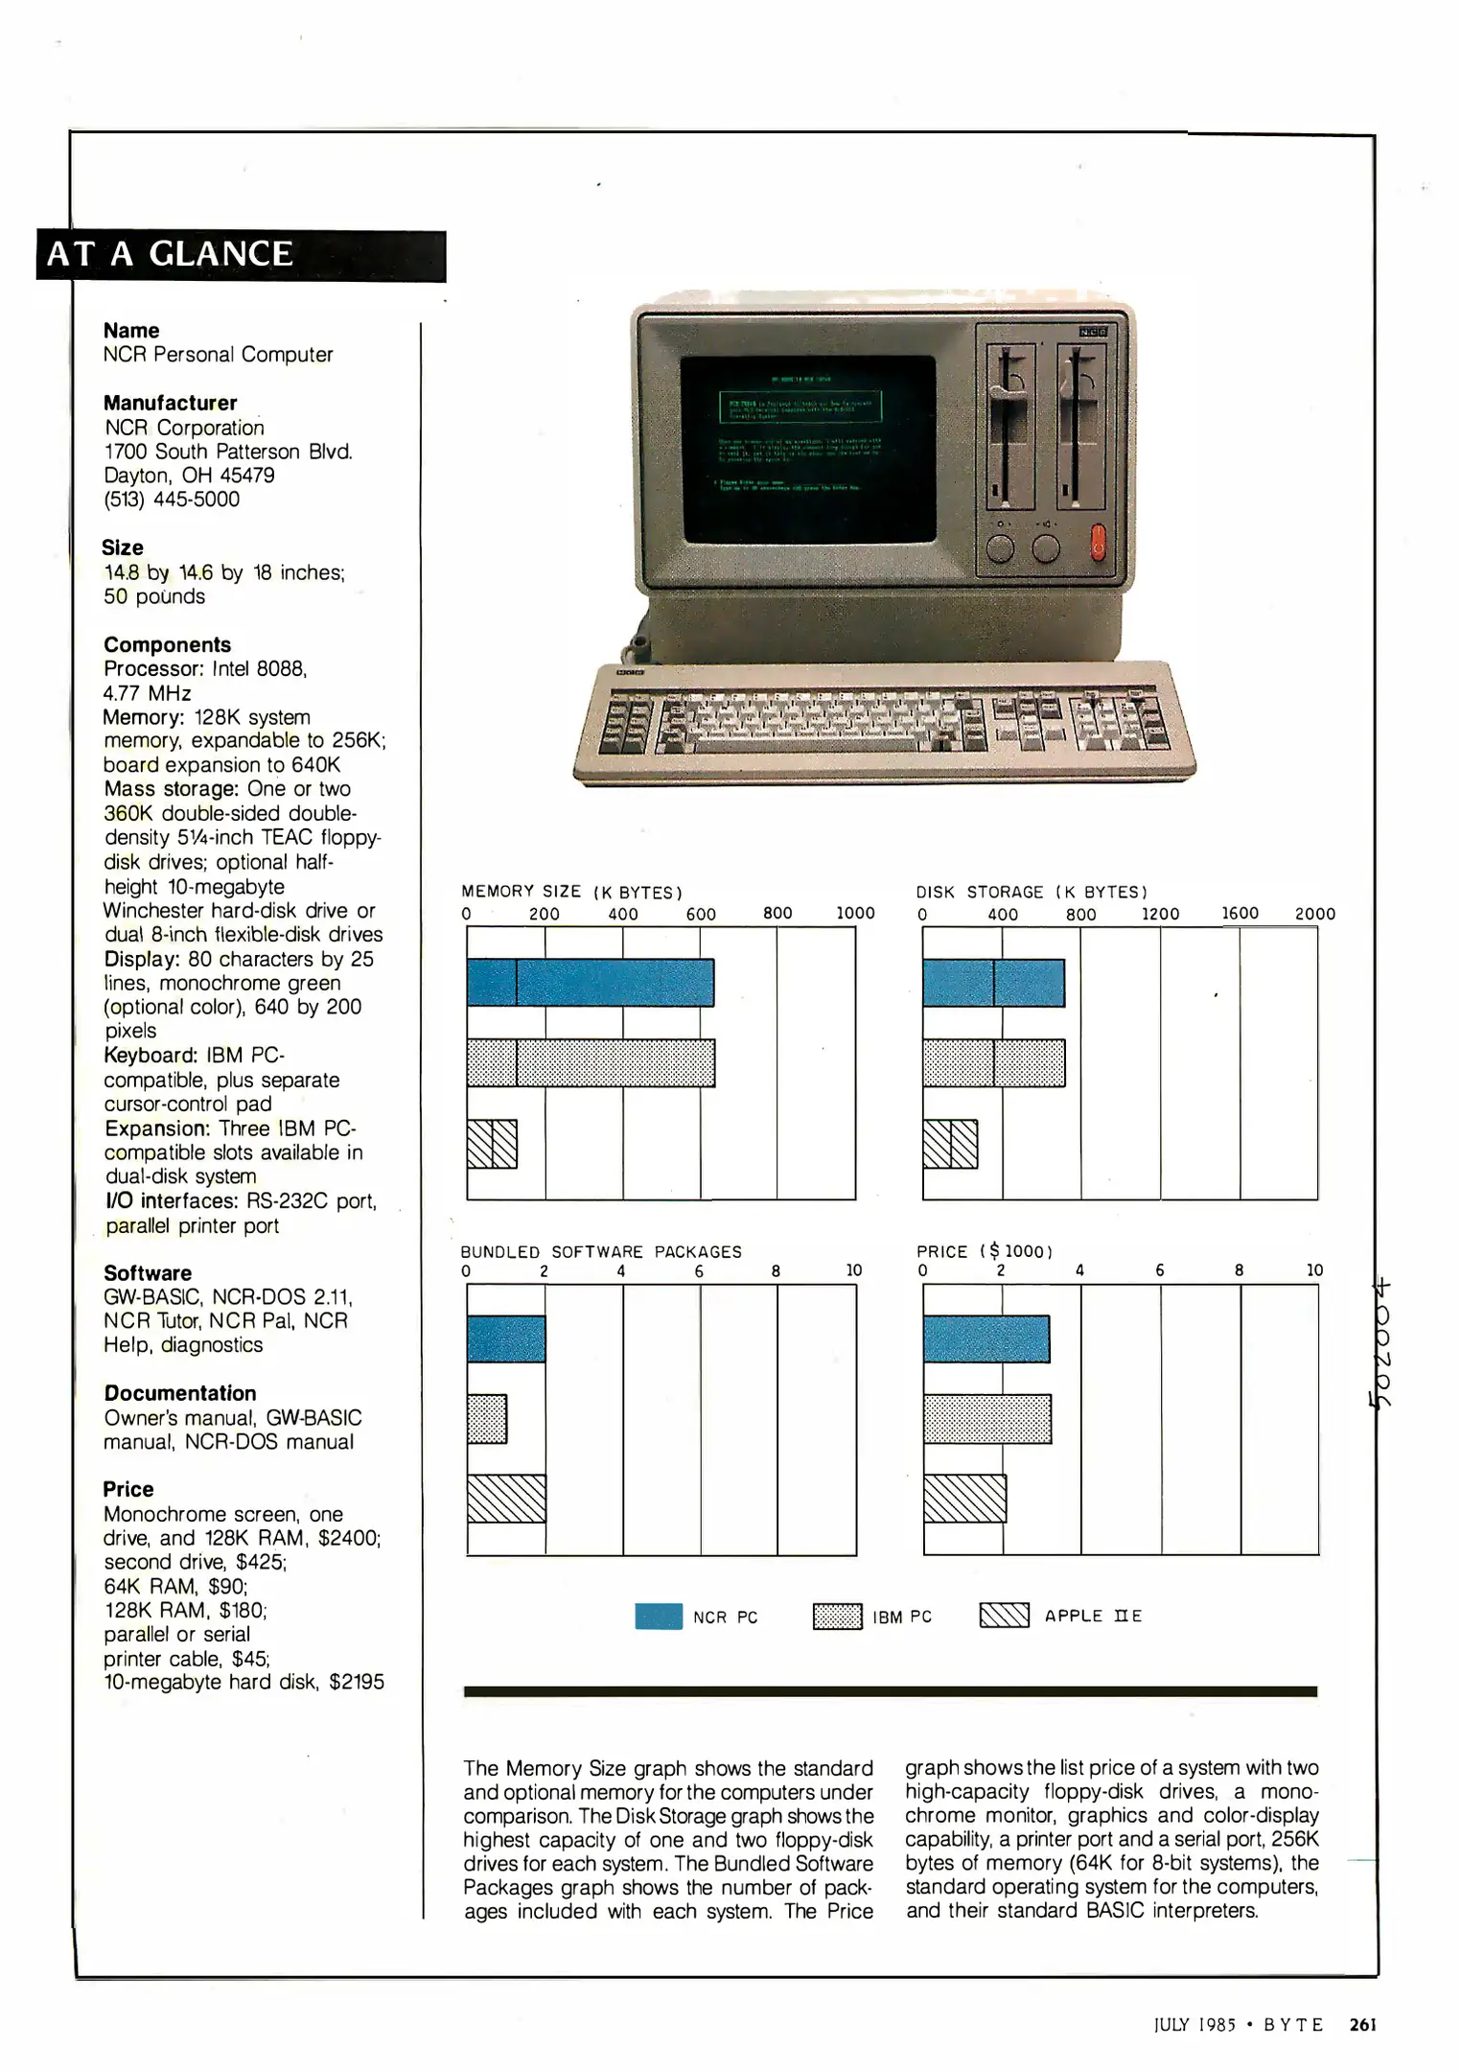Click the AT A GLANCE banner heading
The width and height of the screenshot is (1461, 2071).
[171, 254]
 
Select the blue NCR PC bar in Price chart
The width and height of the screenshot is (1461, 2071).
[986, 1338]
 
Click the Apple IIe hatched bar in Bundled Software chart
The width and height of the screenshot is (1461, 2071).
[506, 1498]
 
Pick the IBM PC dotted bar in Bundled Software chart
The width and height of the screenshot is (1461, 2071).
[487, 1419]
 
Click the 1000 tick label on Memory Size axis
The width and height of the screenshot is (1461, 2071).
[854, 914]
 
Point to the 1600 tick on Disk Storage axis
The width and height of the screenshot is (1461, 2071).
[1240, 914]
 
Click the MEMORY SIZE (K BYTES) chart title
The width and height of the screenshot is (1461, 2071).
[571, 892]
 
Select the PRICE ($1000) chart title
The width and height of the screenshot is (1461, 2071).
[985, 1251]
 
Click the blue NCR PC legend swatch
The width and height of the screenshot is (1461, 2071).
[659, 1617]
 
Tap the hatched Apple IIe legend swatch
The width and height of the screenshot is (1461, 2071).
[1004, 1617]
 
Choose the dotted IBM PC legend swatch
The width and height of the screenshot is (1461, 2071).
[837, 1617]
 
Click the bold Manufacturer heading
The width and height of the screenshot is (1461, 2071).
[170, 403]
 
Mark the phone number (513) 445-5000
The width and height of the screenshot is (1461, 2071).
[172, 500]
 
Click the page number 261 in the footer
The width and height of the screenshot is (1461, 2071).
[1362, 2024]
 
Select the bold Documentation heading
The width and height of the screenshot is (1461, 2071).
[180, 1393]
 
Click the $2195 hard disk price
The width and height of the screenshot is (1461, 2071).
[356, 1682]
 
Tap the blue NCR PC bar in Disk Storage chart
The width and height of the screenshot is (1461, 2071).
[993, 982]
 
